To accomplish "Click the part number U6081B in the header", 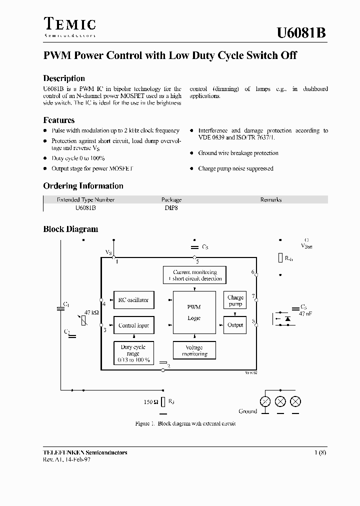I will point(301,33).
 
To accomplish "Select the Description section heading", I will point(64,78).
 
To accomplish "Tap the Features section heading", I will point(59,120).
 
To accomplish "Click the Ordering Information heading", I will point(83,186).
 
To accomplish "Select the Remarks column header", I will point(271,199).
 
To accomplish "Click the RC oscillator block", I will point(133,300).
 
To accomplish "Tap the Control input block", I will point(133,325).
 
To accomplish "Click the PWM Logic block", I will point(194,312).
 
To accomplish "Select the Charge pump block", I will point(235,300).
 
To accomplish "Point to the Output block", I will point(235,325).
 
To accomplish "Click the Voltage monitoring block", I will point(194,350).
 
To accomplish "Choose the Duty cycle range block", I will point(133,353).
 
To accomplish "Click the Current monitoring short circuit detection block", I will point(194,275).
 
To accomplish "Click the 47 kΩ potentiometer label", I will point(91,312).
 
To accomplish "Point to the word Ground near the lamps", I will point(247,411).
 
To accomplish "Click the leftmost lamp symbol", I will point(264,401).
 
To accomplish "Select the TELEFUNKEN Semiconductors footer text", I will point(85,452).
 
